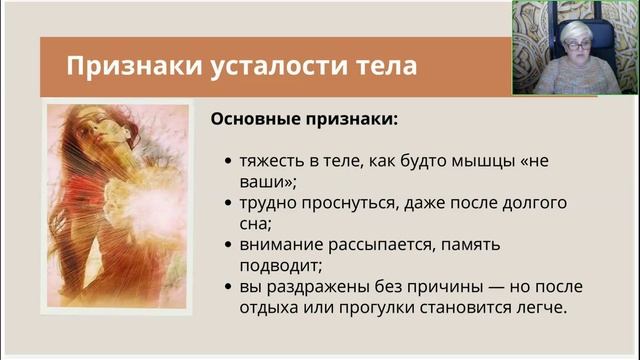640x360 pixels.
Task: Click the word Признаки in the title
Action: pyautogui.click(x=123, y=67)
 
